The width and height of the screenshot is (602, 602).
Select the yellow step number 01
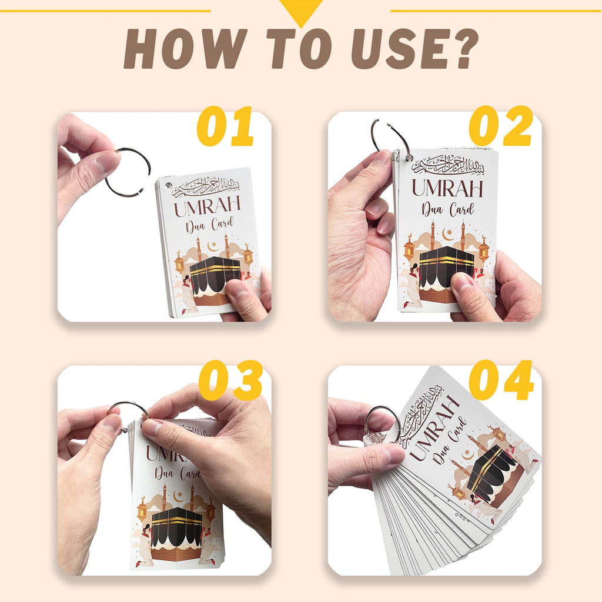(225, 127)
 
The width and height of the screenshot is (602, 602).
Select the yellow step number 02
(500, 127)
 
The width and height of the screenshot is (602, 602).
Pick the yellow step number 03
(230, 381)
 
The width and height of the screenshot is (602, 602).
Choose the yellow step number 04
(501, 381)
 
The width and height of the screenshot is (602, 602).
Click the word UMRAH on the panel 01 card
(208, 206)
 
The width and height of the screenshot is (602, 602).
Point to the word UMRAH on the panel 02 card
(447, 188)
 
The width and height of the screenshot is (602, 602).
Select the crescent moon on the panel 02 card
(448, 234)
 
